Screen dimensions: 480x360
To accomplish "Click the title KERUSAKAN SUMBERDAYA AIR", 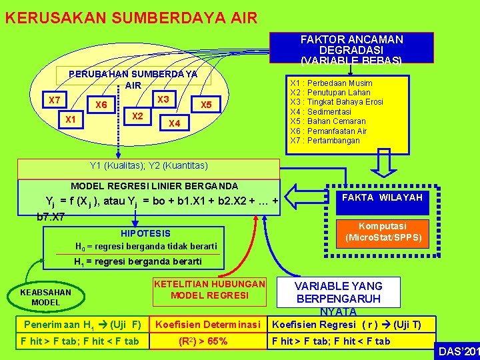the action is click(131, 17).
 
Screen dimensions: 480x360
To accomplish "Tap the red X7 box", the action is click(55, 100).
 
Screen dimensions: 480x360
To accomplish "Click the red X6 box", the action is click(101, 105).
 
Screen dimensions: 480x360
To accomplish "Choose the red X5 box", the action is click(206, 105).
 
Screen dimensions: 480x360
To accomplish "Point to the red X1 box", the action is click(70, 119).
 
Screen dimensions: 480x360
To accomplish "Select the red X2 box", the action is click(139, 116).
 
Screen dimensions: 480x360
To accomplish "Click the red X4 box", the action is click(174, 123).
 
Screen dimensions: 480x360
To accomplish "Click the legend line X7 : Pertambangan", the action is click(325, 141).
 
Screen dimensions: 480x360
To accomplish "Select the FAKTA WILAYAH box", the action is click(383, 198).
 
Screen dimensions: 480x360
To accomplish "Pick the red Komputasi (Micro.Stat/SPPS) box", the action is click(383, 232).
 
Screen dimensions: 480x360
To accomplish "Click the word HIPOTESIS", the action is click(145, 233).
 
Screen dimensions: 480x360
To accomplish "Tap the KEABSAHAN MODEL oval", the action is click(45, 297).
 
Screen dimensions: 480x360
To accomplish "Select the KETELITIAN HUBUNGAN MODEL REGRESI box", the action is click(209, 290).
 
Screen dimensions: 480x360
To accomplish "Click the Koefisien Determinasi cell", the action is click(207, 325).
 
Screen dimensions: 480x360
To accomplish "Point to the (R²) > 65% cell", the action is click(203, 341).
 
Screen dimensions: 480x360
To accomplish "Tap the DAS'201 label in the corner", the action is click(458, 351).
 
